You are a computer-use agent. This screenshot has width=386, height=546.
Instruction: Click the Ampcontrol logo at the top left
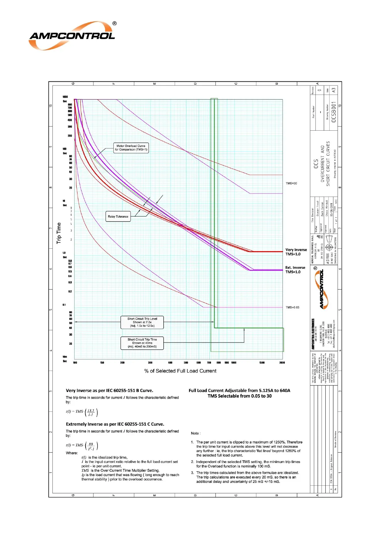72,36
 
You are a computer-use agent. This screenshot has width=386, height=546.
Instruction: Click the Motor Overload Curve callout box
131,148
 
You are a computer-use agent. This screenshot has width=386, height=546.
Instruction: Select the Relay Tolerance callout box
118,217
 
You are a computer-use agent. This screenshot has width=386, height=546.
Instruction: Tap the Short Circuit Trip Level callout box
142,322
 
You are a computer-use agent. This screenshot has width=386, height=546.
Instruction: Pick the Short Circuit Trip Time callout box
142,343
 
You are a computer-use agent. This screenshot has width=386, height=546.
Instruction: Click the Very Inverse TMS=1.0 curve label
296,252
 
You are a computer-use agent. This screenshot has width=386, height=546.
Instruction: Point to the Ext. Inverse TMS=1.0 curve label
295,270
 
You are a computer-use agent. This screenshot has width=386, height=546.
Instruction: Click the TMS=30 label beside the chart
291,184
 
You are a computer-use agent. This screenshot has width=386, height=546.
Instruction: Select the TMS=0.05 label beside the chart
292,307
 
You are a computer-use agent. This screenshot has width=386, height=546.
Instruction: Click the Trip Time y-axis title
59,233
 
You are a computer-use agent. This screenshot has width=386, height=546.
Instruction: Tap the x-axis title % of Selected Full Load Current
180,371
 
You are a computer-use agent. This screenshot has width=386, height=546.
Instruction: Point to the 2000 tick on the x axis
282,363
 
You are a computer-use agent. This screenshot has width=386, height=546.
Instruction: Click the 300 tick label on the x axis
150,363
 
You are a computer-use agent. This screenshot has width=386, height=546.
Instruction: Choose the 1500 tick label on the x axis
262,363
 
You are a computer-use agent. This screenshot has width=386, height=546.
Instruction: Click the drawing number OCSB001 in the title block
334,112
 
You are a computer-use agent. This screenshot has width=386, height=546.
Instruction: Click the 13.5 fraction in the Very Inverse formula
91,410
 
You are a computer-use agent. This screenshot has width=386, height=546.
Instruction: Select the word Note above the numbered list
195,433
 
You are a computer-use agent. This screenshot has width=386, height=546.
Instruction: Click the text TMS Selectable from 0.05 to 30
240,396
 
